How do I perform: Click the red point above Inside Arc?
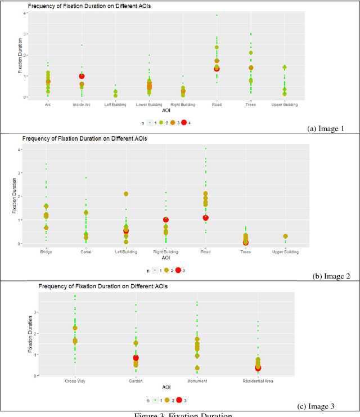point(82,76)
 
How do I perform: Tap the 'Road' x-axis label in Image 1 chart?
point(217,104)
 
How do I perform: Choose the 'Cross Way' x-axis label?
point(75,381)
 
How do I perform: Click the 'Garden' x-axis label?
point(136,381)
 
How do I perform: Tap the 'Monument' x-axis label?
point(197,381)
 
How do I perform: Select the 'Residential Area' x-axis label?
point(258,381)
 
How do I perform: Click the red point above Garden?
point(136,358)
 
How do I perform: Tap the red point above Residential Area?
point(258,367)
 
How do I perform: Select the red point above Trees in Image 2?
point(245,243)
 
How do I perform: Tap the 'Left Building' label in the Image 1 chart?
point(115,104)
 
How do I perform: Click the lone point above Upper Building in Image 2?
point(285,236)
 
